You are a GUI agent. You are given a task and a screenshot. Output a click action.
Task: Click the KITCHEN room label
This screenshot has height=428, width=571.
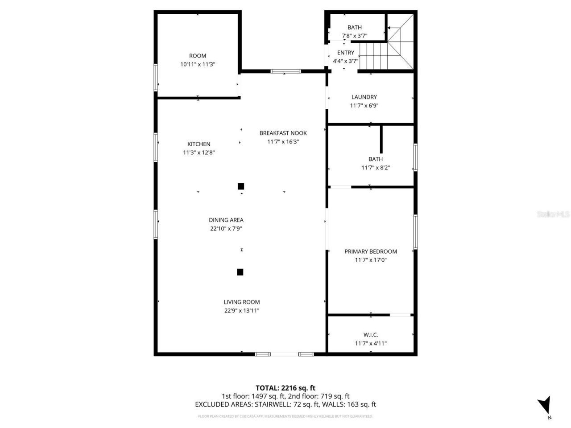point(199,144)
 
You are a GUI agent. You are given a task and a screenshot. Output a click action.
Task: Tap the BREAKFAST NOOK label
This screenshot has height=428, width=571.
point(283,133)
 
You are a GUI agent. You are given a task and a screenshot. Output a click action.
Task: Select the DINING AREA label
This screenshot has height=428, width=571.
point(226,220)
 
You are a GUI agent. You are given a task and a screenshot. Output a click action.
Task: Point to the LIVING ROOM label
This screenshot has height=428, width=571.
point(241,302)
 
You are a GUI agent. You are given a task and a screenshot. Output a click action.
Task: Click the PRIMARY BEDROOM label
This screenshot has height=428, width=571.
point(370,251)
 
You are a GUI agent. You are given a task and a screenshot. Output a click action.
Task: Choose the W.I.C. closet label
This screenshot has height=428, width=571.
point(370,335)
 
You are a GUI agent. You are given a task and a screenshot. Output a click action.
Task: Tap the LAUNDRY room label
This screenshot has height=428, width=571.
point(364,97)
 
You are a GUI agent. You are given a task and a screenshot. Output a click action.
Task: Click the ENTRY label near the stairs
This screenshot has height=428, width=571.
point(345,53)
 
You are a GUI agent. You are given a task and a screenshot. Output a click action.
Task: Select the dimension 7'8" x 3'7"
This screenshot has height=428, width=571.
point(354,36)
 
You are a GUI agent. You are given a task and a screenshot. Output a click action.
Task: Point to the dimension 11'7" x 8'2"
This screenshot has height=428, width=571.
point(376,168)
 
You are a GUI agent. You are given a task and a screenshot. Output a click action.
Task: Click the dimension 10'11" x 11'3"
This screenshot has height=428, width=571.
point(198,64)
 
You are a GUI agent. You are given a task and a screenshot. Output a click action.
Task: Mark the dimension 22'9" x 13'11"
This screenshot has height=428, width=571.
point(241,311)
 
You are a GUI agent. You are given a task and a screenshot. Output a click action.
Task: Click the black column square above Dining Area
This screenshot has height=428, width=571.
point(241,186)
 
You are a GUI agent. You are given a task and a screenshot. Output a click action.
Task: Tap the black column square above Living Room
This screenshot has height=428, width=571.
point(240,272)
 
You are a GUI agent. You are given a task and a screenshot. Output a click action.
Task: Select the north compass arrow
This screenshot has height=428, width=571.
point(544,406)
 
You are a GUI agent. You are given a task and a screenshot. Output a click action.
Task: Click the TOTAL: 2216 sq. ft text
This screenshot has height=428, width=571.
point(285,388)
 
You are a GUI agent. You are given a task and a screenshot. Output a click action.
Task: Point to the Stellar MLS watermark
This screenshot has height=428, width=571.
point(553,214)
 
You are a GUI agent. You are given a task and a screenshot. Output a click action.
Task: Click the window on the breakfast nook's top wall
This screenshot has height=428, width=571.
point(286,71)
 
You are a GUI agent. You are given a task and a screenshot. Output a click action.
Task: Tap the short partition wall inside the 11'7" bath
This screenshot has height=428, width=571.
point(381,139)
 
